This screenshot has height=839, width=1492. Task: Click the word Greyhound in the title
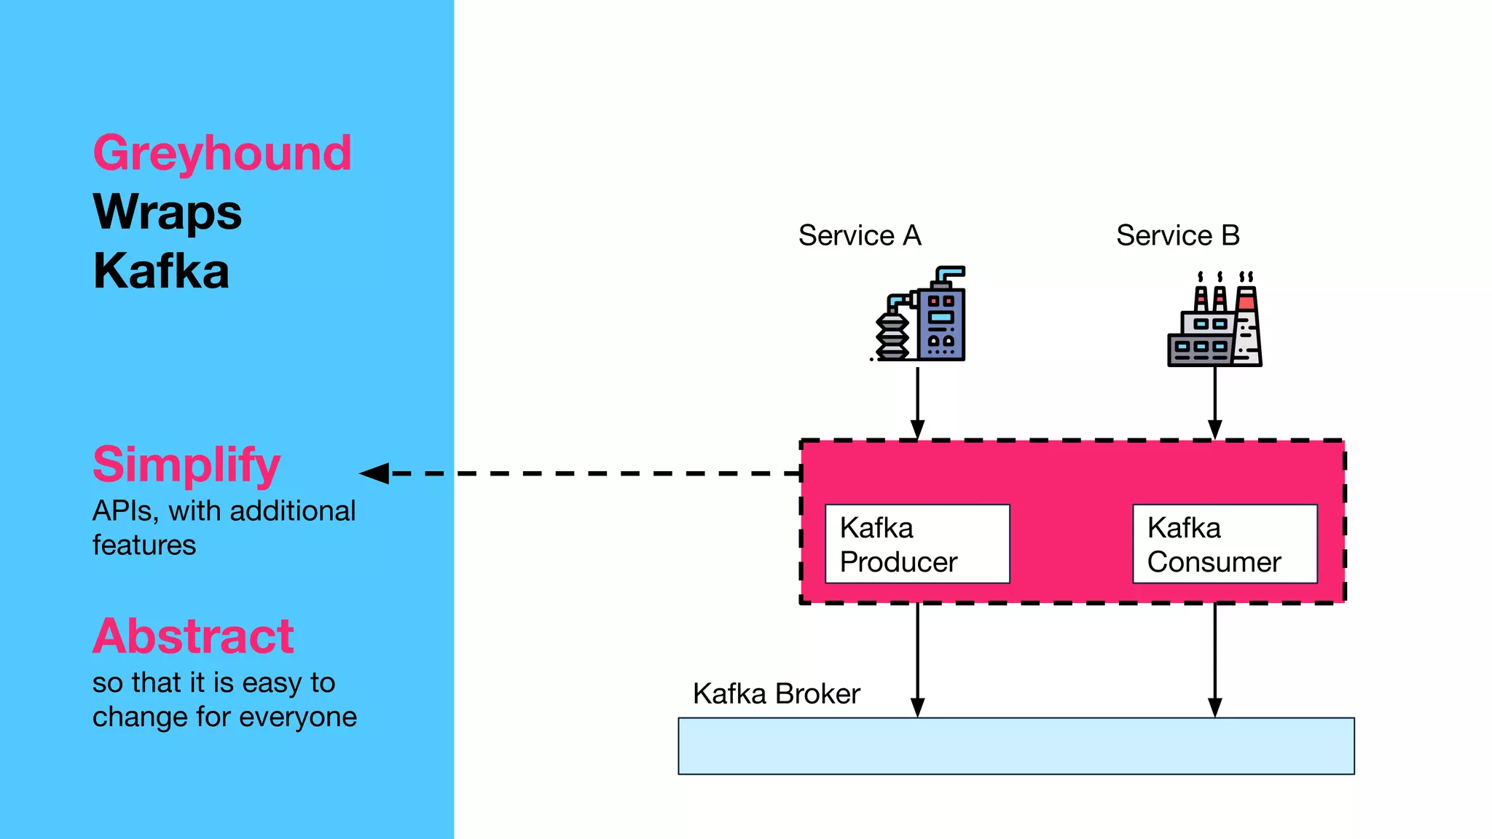tap(222, 154)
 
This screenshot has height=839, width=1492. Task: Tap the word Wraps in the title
tap(168, 213)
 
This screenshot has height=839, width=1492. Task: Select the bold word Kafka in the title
tap(161, 271)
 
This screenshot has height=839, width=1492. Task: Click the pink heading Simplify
tap(186, 465)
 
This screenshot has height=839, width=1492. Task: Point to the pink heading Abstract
tap(193, 637)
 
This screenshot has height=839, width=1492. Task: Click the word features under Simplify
tap(144, 545)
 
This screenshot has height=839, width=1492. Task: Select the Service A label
tap(860, 236)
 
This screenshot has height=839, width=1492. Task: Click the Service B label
tap(1177, 236)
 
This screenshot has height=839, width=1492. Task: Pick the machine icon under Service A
tap(920, 315)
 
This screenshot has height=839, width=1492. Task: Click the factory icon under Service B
tap(1214, 320)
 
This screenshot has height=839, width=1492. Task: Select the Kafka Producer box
tap(917, 544)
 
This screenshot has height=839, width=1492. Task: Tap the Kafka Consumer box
tap(1225, 544)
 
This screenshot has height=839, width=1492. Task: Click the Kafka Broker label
tap(776, 694)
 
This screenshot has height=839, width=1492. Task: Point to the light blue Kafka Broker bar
tap(1016, 747)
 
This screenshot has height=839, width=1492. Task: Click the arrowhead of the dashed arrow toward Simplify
tap(374, 473)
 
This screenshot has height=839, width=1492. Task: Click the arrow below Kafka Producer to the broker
tap(918, 660)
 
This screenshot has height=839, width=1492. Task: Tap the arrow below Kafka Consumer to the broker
tap(1215, 660)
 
